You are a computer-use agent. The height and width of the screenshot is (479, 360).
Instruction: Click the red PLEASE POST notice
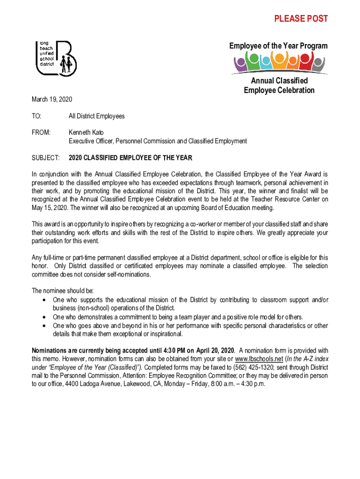(x=301, y=19)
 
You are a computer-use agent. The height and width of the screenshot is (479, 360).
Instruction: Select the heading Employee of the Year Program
(x=278, y=46)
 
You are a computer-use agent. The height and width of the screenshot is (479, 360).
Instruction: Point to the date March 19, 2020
(x=51, y=100)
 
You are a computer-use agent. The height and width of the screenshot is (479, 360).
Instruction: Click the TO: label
(x=36, y=116)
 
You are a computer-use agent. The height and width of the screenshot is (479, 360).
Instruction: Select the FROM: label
(x=41, y=133)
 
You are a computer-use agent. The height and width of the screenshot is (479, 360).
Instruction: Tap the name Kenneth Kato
(x=86, y=133)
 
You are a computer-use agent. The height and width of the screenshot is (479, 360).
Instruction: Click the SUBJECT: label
(x=45, y=158)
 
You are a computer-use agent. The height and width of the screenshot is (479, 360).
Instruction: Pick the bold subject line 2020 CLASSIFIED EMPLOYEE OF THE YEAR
(x=130, y=158)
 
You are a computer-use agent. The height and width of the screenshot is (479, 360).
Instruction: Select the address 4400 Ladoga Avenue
(x=86, y=384)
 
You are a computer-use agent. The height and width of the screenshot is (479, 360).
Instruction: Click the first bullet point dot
(x=43, y=300)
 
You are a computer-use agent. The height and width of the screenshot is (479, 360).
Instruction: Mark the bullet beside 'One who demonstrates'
(x=43, y=317)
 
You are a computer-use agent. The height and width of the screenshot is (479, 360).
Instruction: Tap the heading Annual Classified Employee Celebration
(x=279, y=86)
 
